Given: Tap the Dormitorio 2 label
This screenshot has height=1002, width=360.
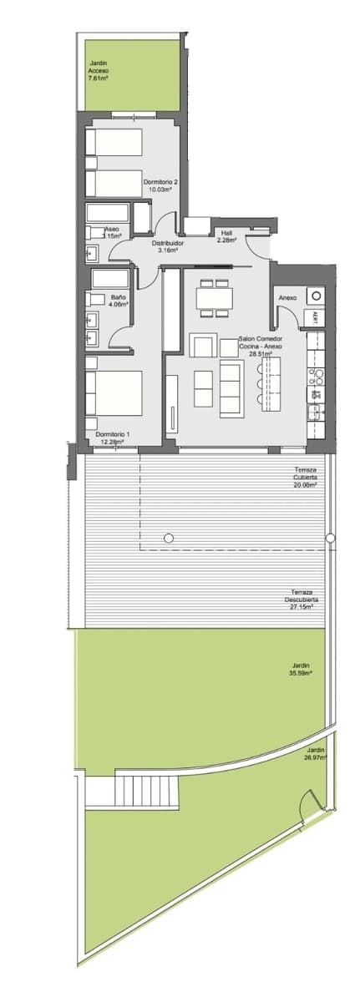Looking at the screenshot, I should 160,185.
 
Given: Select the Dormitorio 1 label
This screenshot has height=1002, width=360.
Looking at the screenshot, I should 113,438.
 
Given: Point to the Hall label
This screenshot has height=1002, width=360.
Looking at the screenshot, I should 226,236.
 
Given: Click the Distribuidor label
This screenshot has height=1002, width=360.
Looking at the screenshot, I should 168,245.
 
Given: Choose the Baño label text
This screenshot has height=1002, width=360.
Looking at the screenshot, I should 118,297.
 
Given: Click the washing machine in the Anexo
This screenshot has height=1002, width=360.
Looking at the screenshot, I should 315,295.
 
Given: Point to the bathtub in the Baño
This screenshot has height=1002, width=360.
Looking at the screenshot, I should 109,278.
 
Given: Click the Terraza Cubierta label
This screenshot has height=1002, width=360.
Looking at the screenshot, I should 305,477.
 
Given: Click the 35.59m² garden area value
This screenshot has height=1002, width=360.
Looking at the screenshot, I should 301,673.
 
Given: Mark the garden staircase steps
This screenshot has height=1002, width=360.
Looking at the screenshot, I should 147,787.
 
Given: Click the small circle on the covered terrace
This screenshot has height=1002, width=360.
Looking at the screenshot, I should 169,538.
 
